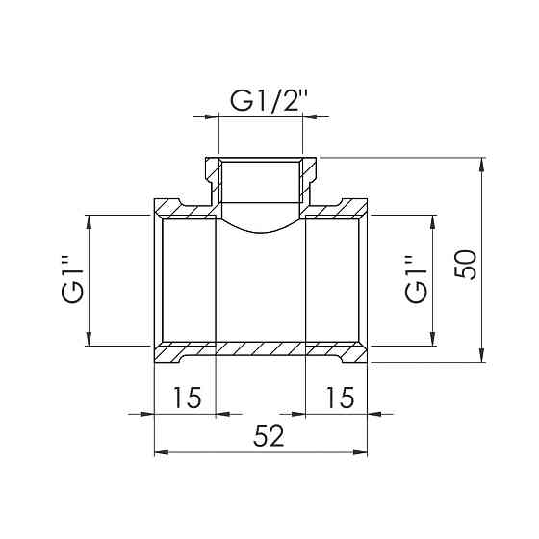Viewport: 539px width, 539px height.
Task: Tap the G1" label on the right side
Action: pyautogui.click(x=416, y=280)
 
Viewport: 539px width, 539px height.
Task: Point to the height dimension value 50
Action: pyautogui.click(x=466, y=260)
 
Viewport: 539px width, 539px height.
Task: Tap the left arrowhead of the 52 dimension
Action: pyautogui.click(x=161, y=451)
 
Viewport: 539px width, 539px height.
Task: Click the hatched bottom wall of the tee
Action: pyautogui.click(x=261, y=348)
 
